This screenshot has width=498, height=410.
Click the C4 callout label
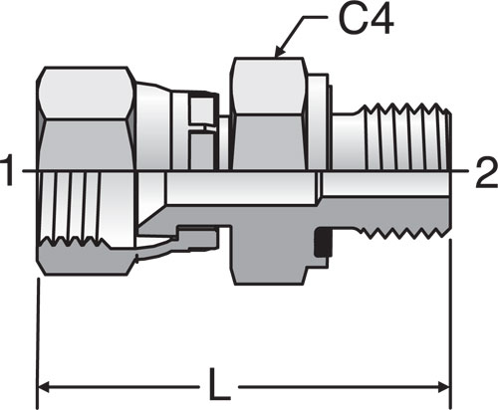[x=366, y=20]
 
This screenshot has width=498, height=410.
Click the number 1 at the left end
[x=7, y=171]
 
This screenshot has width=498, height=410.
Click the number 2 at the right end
[x=487, y=173]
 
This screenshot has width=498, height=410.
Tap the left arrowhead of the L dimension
[x=44, y=387]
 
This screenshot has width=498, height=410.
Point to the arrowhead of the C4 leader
[x=278, y=51]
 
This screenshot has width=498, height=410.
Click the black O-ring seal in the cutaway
[x=324, y=242]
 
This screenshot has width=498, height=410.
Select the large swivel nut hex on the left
[x=87, y=118]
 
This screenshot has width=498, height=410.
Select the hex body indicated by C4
[x=268, y=113]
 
